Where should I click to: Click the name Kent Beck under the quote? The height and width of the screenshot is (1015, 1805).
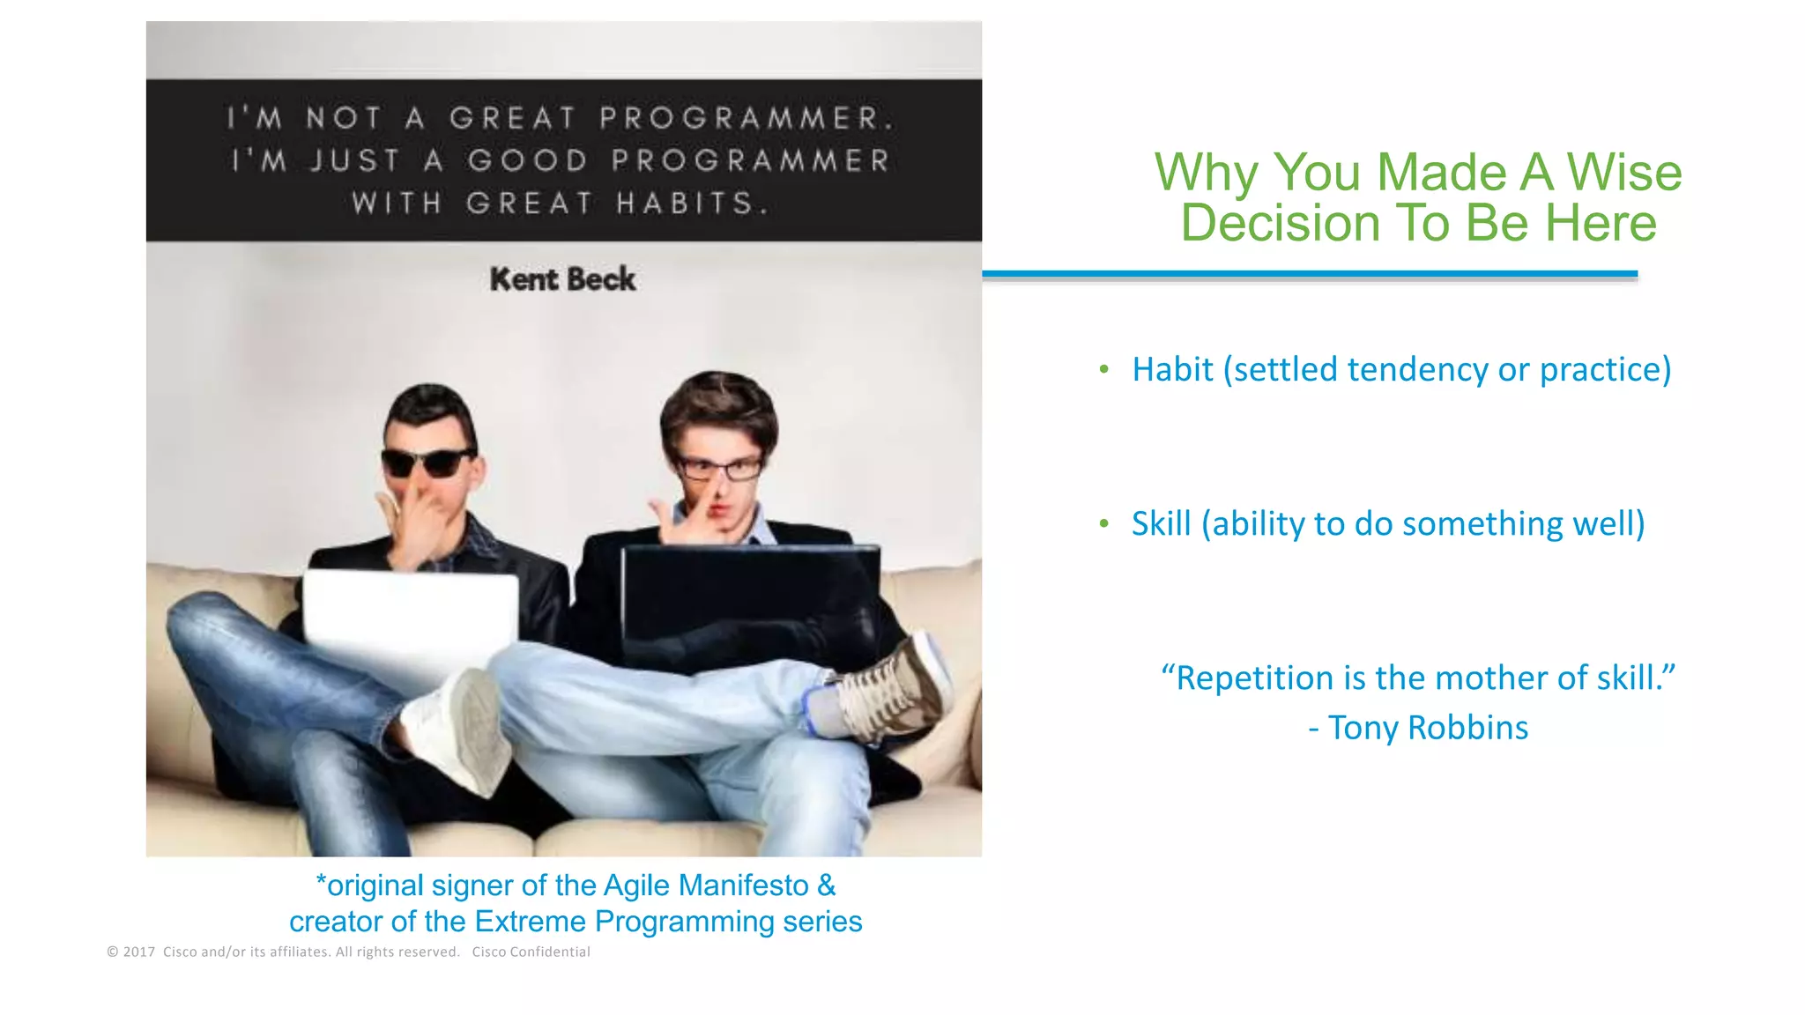coord(562,279)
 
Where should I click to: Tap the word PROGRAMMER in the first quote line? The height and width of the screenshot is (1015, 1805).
coord(746,118)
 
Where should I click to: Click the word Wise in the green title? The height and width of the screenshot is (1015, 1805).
coord(1624,172)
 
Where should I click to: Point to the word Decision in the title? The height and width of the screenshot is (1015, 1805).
coord(1280,223)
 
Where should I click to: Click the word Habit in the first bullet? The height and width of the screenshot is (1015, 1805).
coord(1172,369)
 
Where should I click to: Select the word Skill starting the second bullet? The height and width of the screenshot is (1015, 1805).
coord(1161,523)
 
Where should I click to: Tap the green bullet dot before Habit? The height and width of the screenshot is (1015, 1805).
coord(1104,370)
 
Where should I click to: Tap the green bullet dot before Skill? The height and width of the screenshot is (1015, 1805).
coord(1104,524)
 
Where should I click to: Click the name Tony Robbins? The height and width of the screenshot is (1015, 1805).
coord(1428,728)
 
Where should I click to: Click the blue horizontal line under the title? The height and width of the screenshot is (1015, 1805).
coord(1310,274)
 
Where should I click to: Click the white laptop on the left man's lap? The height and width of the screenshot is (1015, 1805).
coord(411,617)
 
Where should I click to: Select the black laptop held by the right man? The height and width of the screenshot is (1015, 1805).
coord(749,599)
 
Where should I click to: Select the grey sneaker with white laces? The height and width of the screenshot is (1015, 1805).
coord(890,687)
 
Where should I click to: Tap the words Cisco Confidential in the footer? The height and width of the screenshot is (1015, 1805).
coord(531,952)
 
